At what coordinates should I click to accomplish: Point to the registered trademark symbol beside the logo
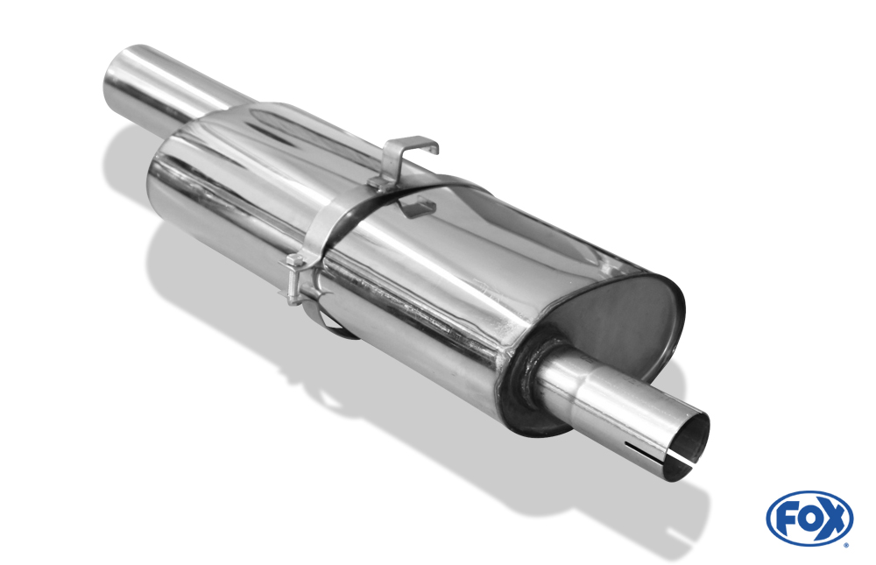(x=846, y=545)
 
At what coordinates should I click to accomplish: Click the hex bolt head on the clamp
(x=294, y=260)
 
